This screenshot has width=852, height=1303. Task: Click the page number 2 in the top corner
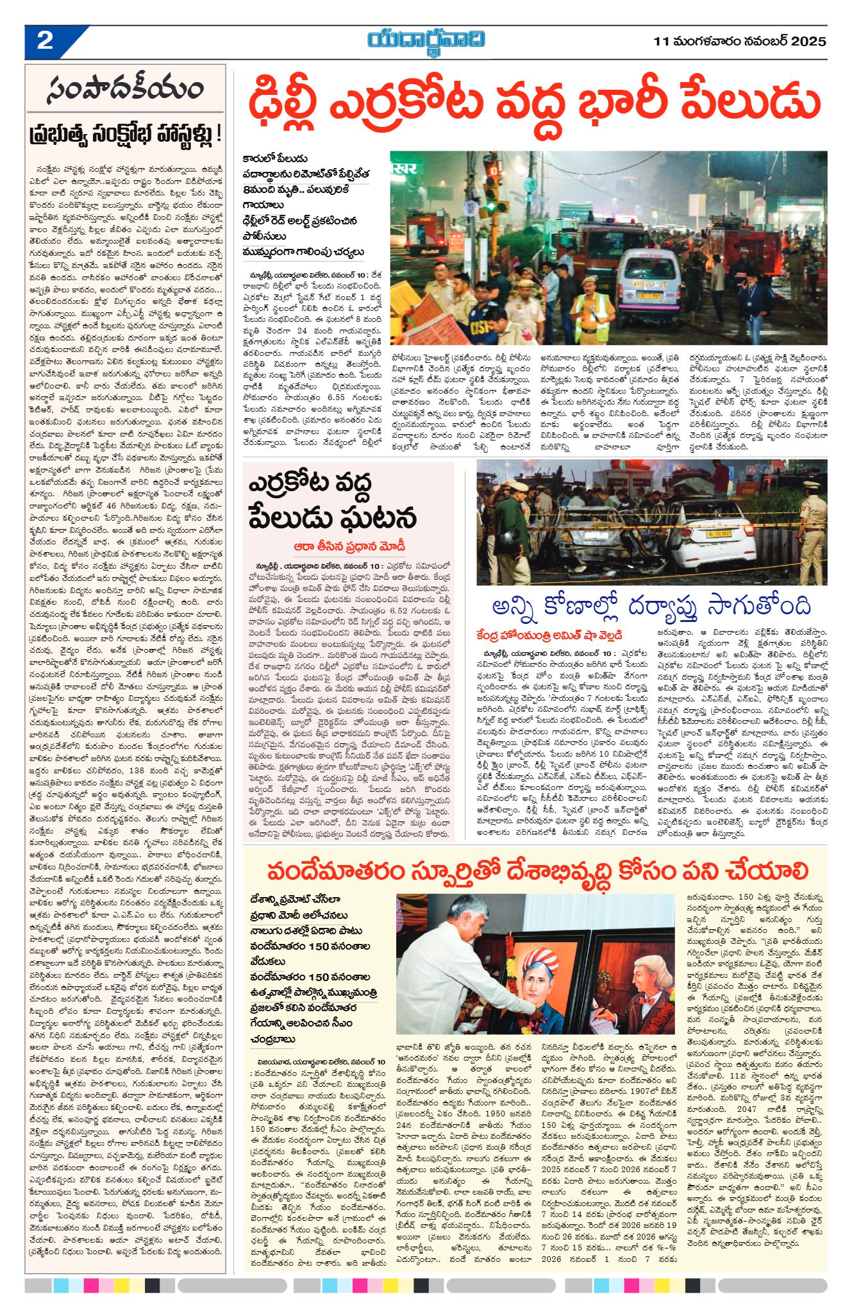[x=45, y=41]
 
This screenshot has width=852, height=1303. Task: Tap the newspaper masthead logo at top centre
[x=426, y=40]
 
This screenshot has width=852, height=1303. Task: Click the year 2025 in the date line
[x=808, y=42]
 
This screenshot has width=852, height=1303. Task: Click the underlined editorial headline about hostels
[x=126, y=135]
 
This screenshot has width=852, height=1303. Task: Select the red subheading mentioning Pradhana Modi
[x=350, y=546]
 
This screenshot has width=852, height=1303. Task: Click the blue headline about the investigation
[x=651, y=606]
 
